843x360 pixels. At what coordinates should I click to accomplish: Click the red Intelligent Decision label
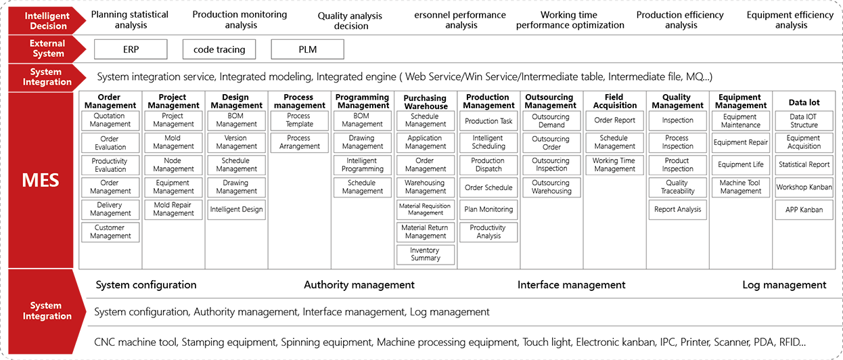pos(46,21)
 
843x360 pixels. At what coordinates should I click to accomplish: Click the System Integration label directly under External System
pos(46,76)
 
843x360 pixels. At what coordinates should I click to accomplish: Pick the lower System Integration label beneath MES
pos(46,311)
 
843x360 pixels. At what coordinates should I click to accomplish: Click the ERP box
pos(124,49)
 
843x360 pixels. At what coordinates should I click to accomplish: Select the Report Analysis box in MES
pos(677,210)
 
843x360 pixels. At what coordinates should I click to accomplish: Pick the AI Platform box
pos(804,210)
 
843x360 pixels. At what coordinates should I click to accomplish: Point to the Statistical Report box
pos(804,164)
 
